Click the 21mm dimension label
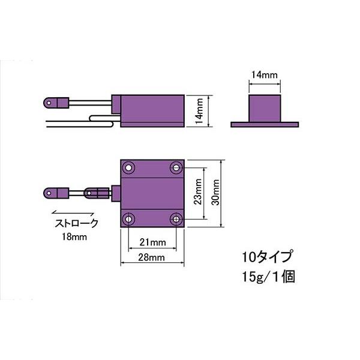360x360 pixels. [x=152, y=243]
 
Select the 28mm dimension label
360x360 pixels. [x=152, y=257]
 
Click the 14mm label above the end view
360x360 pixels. [x=264, y=75]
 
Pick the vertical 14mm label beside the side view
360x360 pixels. [x=199, y=110]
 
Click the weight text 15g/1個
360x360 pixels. [x=267, y=278]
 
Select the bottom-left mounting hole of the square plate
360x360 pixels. [x=129, y=220]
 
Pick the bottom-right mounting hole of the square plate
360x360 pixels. [x=176, y=220]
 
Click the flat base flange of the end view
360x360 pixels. [x=264, y=124]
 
